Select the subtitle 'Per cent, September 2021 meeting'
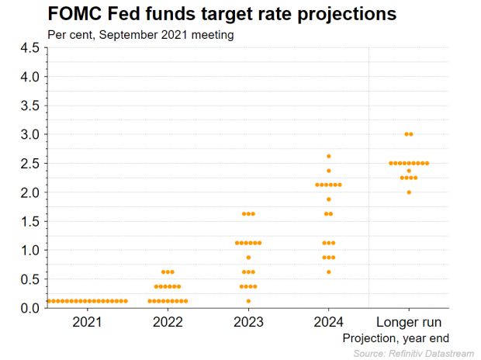[x=140, y=34]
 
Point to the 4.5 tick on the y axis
[x=29, y=48]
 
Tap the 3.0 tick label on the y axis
[x=29, y=134]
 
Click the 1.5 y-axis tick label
[x=29, y=221]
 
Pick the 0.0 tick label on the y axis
[x=29, y=308]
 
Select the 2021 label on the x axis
[x=87, y=322]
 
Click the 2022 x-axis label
[x=168, y=322]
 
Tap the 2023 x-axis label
[x=248, y=322]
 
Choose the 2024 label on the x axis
[x=329, y=322]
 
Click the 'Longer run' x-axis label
[x=409, y=322]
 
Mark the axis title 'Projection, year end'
[x=396, y=337]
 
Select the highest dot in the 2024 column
[x=329, y=156]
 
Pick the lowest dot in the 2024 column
[x=329, y=272]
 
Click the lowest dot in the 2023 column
[x=248, y=301]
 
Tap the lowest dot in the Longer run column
[x=409, y=192]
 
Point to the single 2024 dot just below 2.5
[x=329, y=171]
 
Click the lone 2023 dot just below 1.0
[x=248, y=257]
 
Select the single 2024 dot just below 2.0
[x=329, y=199]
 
